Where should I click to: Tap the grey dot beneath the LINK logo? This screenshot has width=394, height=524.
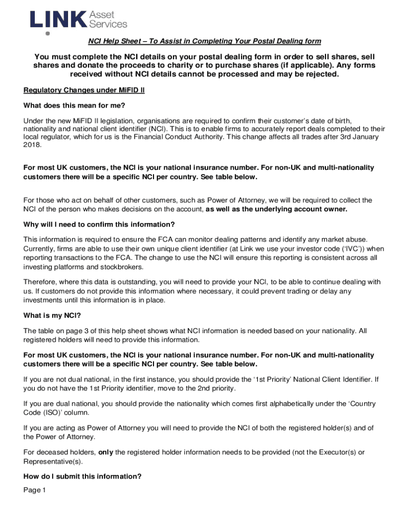[48, 34]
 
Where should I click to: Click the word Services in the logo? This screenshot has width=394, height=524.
[108, 24]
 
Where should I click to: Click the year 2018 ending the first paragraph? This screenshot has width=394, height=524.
[32, 145]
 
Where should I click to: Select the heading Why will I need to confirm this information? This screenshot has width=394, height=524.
[99, 225]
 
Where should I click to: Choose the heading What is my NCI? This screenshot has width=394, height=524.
[52, 315]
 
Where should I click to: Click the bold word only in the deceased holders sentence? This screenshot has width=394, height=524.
[105, 452]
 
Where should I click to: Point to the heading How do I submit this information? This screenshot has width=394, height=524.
[82, 476]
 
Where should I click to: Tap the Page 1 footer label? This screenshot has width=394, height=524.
[35, 490]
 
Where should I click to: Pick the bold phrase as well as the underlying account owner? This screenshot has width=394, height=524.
[276, 209]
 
